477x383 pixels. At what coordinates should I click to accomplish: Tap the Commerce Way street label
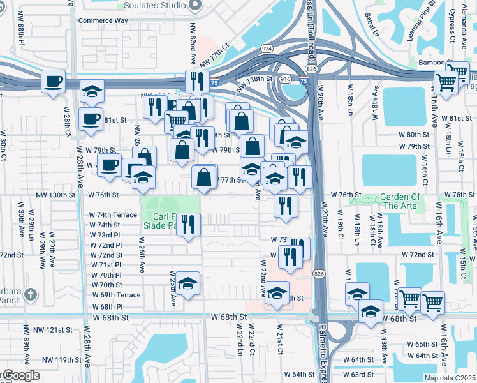[x=103, y=20]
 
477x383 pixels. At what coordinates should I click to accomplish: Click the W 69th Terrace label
[x=116, y=295]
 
